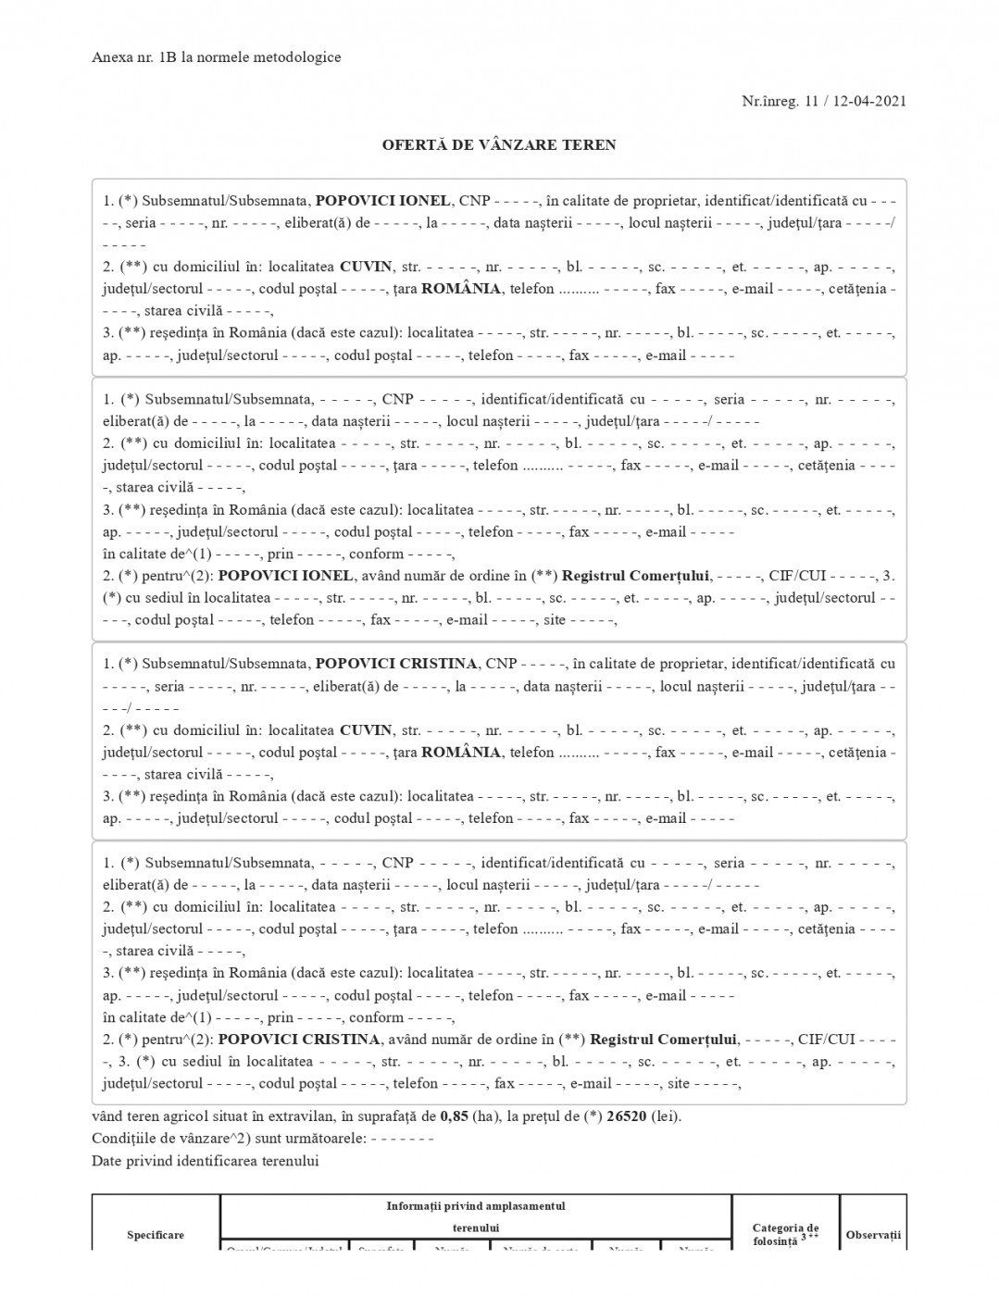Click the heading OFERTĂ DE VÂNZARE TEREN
(x=499, y=144)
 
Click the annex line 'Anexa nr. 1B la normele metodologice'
(x=217, y=57)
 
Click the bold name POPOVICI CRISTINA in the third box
(x=396, y=664)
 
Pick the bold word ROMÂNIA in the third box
(x=461, y=753)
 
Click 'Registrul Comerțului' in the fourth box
(x=663, y=1040)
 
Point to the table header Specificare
(x=156, y=1235)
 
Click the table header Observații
(x=873, y=1235)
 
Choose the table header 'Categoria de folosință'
(x=785, y=1235)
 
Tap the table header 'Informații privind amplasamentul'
(x=475, y=1206)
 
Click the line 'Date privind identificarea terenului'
(x=205, y=1161)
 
